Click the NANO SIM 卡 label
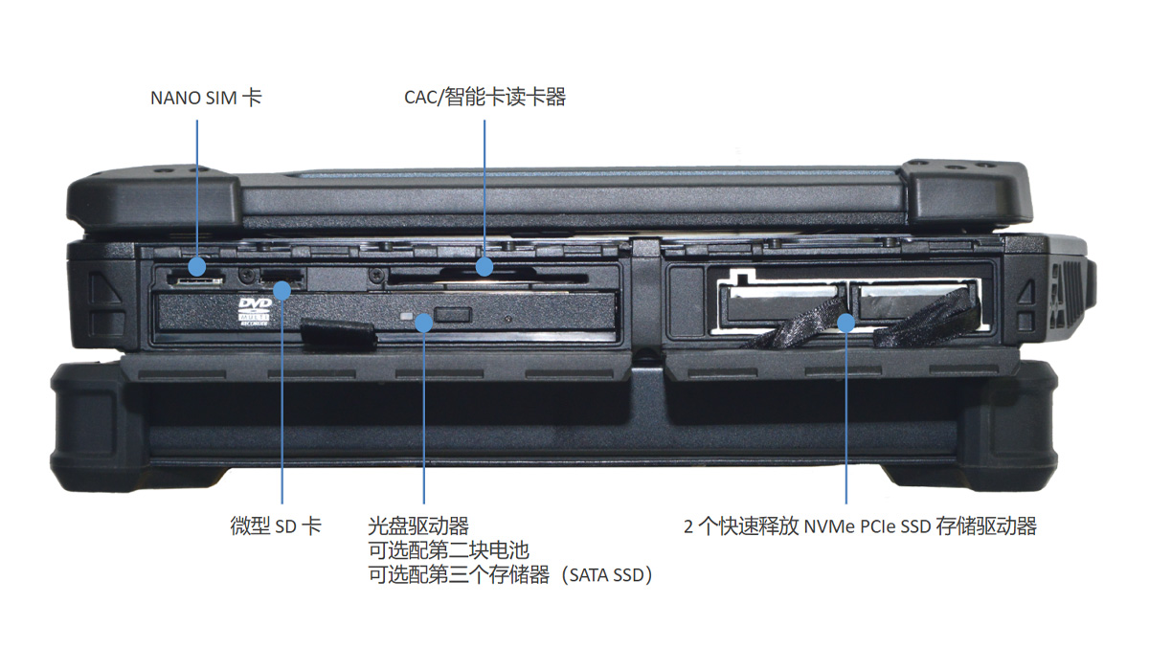(206, 98)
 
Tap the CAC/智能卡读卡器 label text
(484, 98)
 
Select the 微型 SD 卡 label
(276, 525)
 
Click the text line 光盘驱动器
(418, 525)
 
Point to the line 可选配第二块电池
(448, 550)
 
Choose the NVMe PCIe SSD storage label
(860, 525)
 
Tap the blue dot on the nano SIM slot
(198, 265)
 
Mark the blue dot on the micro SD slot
(283, 288)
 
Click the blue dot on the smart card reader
(485, 266)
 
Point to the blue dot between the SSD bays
(846, 323)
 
